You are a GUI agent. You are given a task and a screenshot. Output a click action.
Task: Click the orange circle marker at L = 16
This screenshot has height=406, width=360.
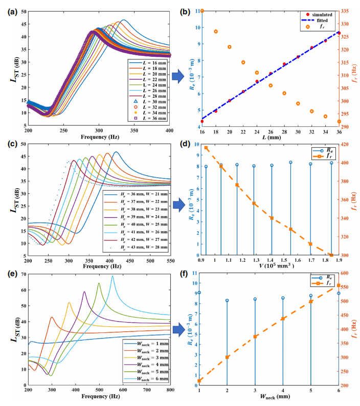pos(202,11)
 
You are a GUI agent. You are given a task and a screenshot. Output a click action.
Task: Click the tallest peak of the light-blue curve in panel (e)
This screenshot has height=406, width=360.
pos(113,277)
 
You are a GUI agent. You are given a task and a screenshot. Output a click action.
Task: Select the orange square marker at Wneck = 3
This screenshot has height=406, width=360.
pos(255,336)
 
